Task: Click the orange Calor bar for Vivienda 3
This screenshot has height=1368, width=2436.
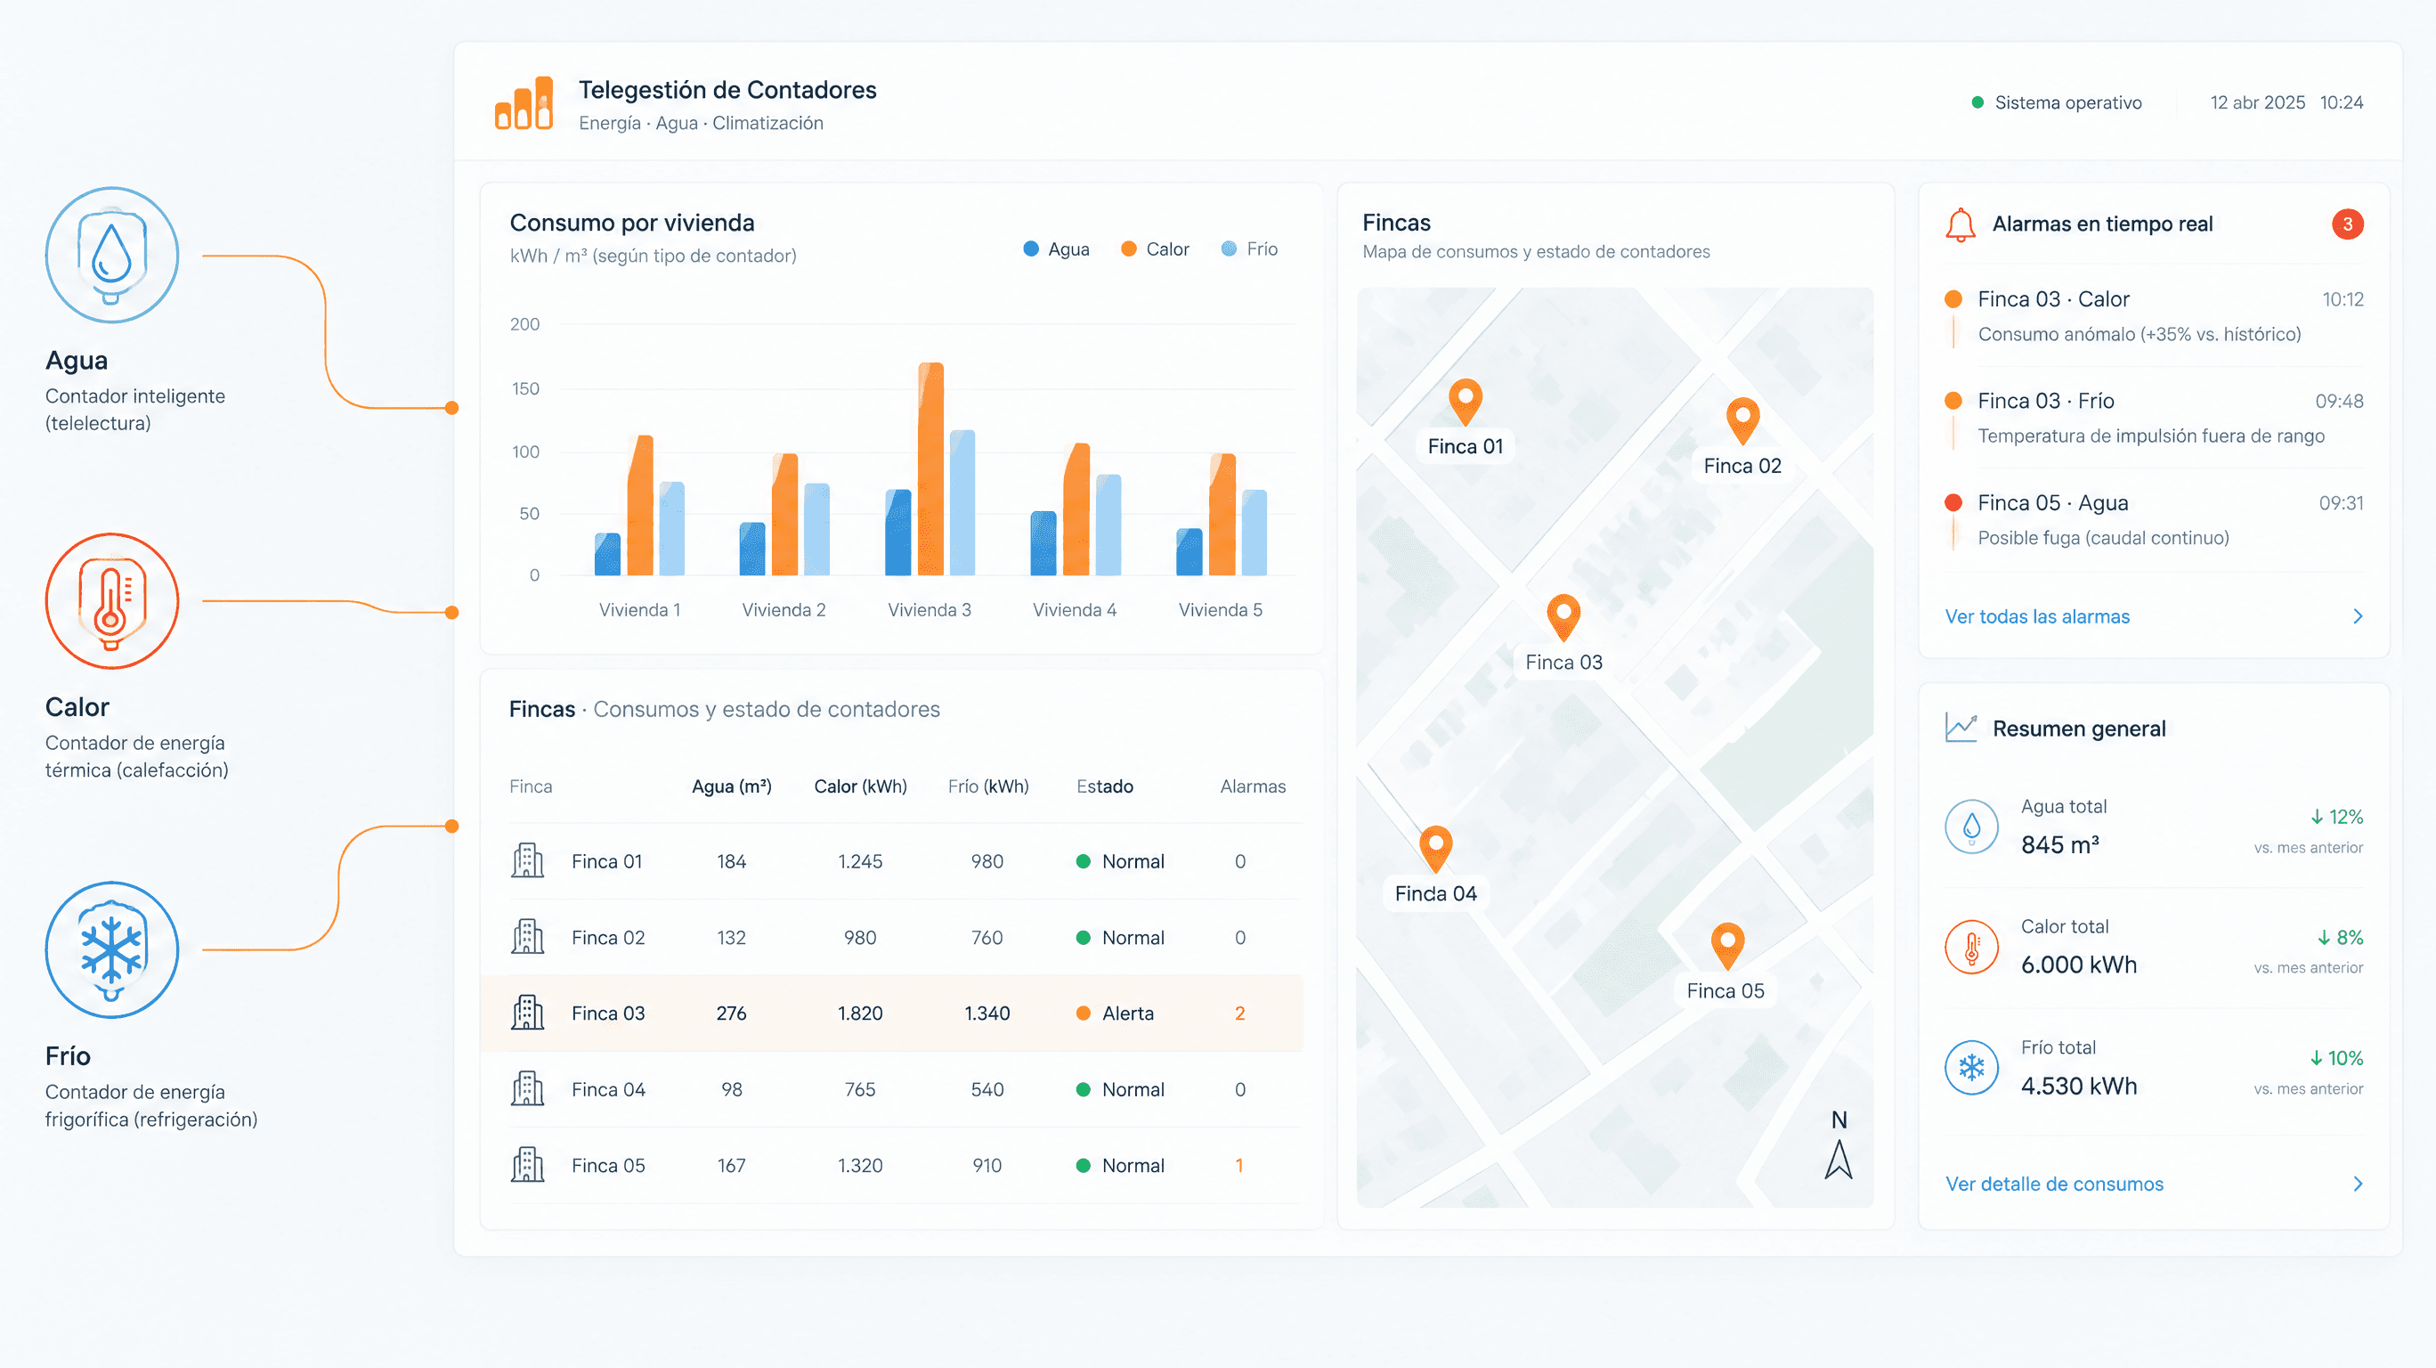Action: (930, 468)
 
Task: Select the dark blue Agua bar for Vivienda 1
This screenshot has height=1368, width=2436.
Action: (607, 554)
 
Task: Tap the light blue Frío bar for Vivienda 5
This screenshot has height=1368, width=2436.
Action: (1254, 532)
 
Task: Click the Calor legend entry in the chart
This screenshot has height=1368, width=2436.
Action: (1155, 248)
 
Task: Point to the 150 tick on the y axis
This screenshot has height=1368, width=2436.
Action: (524, 388)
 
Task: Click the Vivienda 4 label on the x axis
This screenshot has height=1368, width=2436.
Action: (1075, 610)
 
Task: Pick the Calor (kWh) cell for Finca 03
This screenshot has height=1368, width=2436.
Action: (859, 1014)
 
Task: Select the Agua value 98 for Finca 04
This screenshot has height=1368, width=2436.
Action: (731, 1089)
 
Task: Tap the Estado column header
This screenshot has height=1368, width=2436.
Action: (1105, 786)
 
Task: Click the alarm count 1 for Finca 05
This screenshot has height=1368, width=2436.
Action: (1238, 1166)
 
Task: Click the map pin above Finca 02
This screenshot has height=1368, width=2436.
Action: (1742, 420)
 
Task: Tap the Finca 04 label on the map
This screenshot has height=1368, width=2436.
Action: (1435, 893)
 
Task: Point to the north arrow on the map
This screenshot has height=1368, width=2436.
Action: (1839, 1159)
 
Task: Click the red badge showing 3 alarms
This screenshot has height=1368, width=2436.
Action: (2347, 224)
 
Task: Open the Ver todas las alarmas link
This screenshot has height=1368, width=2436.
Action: (2037, 617)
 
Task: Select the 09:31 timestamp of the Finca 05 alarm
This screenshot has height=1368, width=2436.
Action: (2341, 503)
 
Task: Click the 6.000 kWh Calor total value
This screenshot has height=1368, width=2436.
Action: (2079, 965)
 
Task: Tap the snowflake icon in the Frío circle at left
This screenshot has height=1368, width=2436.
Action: (111, 947)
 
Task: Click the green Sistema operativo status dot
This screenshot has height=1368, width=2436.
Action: (1977, 102)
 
